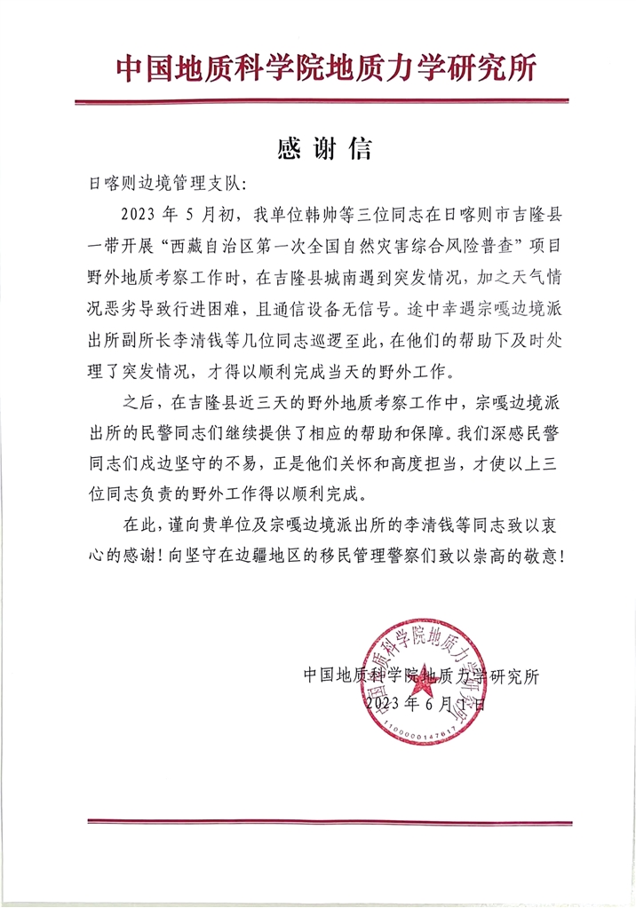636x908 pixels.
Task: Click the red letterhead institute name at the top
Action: (x=325, y=68)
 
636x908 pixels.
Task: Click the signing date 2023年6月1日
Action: (x=425, y=705)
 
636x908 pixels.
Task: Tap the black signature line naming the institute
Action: (x=421, y=675)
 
